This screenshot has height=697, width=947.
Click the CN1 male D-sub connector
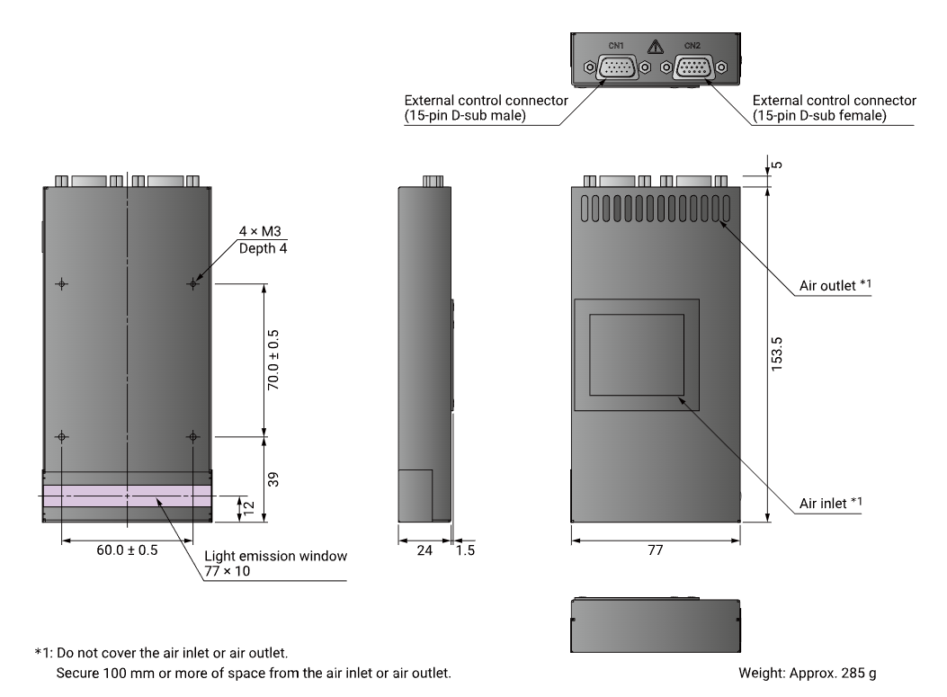click(617, 67)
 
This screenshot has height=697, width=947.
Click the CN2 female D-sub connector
click(693, 67)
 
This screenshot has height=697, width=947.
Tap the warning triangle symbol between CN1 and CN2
click(656, 47)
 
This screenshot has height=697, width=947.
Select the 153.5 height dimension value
click(777, 354)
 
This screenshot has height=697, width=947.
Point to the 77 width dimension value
click(656, 550)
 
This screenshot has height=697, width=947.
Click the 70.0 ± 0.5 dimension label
click(273, 360)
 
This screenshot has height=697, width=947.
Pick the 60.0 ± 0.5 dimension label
click(127, 550)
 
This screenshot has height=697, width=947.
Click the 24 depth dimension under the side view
click(424, 550)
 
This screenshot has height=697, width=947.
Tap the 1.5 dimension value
click(465, 550)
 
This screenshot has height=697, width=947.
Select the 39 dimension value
click(273, 479)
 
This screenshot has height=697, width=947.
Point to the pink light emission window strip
click(127, 496)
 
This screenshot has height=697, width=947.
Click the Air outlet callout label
click(835, 285)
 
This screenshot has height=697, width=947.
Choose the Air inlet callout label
click(831, 503)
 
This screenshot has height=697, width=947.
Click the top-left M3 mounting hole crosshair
click(61, 283)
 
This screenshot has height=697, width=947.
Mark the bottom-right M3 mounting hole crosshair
click(192, 437)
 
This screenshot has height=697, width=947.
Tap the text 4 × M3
click(260, 231)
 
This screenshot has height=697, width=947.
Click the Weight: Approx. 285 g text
click(808, 673)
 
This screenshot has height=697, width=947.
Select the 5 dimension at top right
click(778, 165)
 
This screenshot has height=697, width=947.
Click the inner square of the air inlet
click(637, 355)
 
